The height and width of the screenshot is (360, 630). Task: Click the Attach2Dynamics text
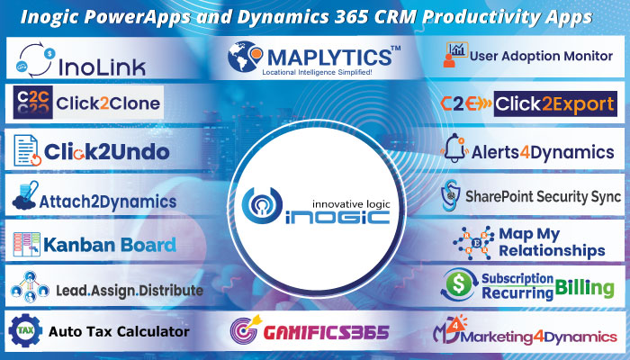(107, 200)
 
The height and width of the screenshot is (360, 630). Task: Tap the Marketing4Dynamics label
(550, 337)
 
